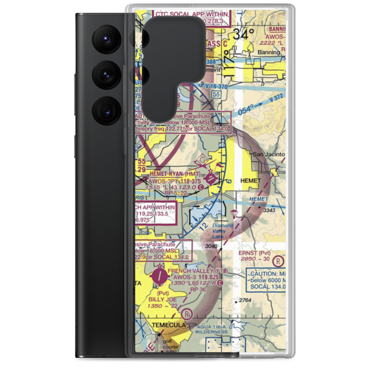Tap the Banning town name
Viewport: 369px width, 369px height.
269,52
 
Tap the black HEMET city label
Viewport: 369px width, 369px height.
250,181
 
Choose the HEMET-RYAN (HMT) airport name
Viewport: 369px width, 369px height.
175,174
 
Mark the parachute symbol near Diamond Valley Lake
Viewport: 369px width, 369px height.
233,214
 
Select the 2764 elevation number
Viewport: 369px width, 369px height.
245,300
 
